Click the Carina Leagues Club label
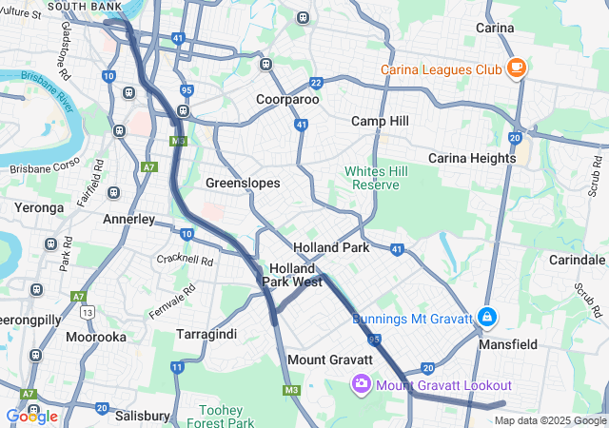point(441,69)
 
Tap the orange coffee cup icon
point(516,68)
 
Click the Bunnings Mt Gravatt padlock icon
point(486,317)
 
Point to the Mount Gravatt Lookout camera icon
point(362,384)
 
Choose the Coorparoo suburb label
point(287,99)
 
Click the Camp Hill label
point(380,121)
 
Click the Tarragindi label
point(206,334)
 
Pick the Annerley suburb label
point(128,219)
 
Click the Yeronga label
point(38,206)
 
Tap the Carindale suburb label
point(578,260)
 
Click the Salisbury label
point(142,416)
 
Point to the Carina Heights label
point(472,158)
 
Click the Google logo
point(31,417)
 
